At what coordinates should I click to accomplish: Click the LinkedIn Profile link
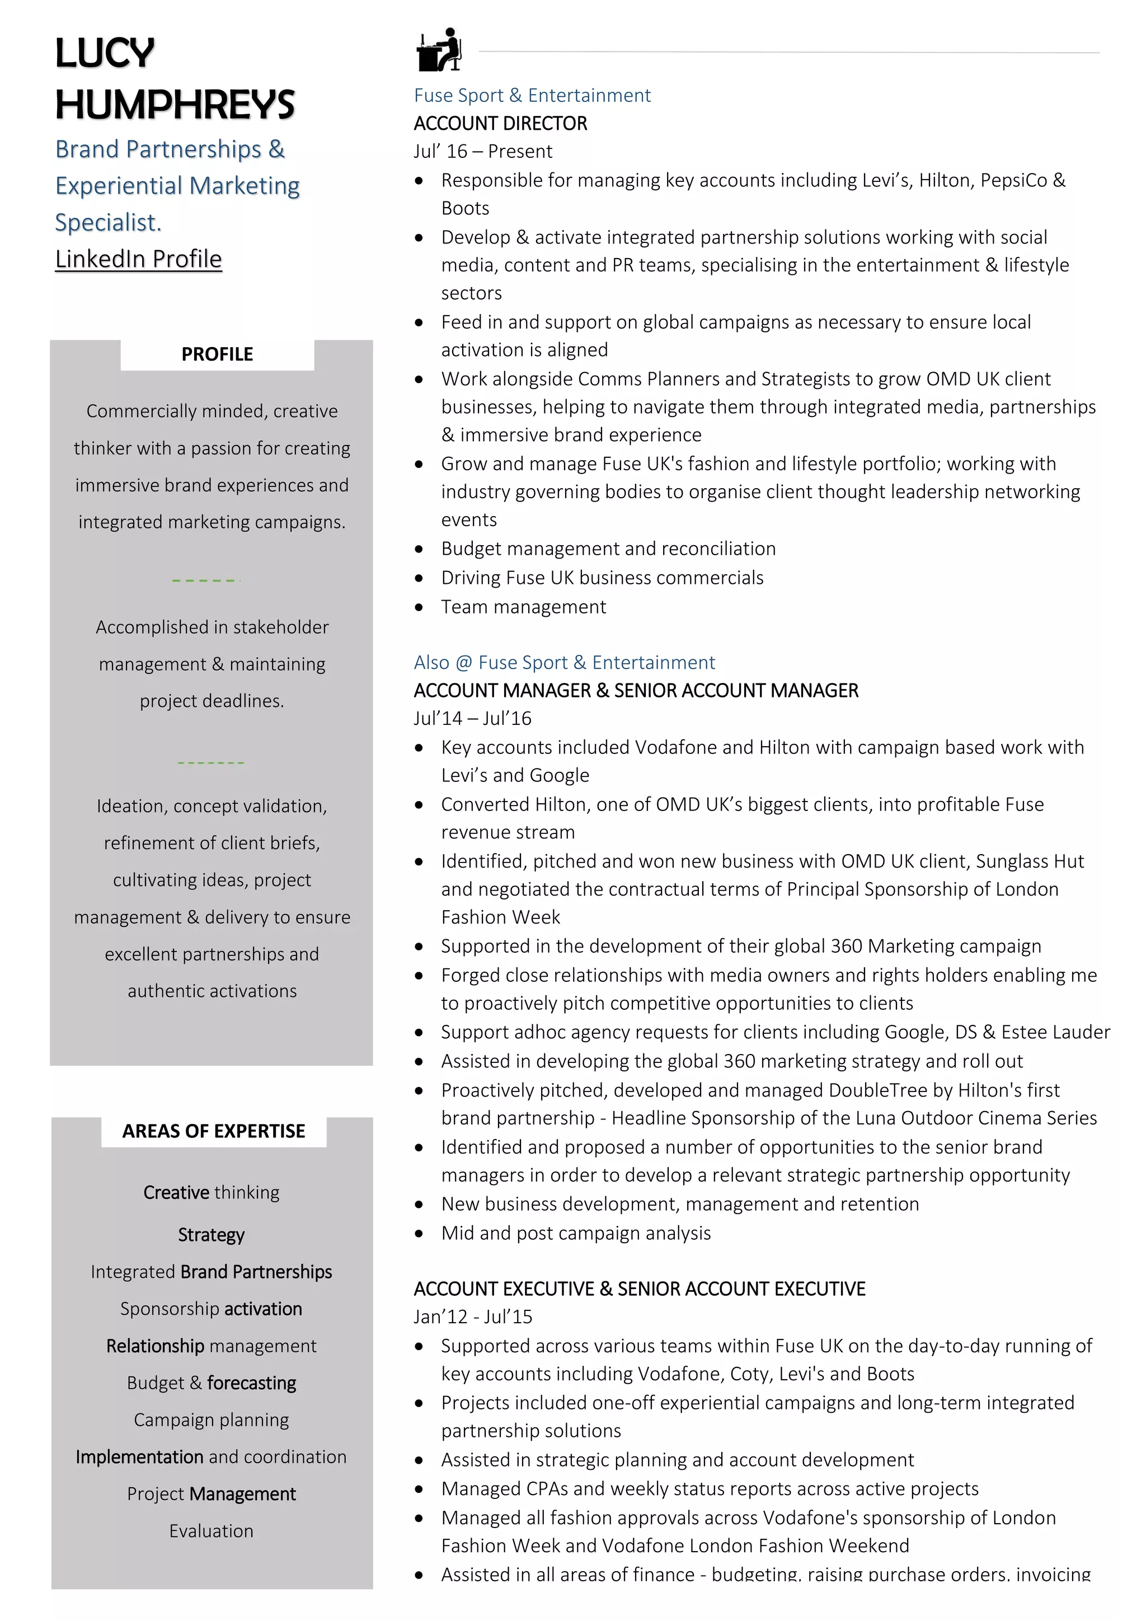click(138, 259)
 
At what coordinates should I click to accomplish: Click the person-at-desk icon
click(439, 50)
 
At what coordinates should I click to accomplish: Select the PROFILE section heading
click(217, 354)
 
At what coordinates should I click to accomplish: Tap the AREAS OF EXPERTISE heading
click(213, 1131)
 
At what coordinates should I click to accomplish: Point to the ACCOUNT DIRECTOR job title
click(500, 124)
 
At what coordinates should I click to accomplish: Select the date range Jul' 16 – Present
click(483, 152)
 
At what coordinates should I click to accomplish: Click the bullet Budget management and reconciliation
click(608, 549)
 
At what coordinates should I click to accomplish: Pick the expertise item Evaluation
click(211, 1531)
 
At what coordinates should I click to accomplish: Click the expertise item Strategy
click(211, 1235)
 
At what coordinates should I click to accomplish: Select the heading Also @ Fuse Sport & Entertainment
click(564, 662)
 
